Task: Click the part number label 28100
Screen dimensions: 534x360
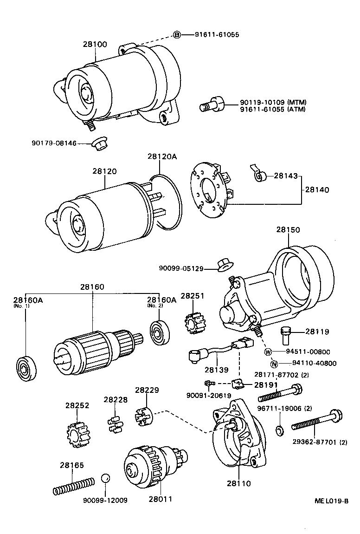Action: pyautogui.click(x=95, y=45)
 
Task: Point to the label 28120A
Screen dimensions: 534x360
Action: pyautogui.click(x=162, y=157)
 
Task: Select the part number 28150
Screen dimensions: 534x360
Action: pyautogui.click(x=288, y=229)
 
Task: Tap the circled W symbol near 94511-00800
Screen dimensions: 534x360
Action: pyautogui.click(x=268, y=352)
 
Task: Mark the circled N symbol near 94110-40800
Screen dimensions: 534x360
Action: pyautogui.click(x=274, y=364)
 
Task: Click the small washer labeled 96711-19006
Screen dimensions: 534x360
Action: pyautogui.click(x=279, y=430)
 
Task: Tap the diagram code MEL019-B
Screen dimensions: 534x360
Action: pyautogui.click(x=331, y=501)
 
